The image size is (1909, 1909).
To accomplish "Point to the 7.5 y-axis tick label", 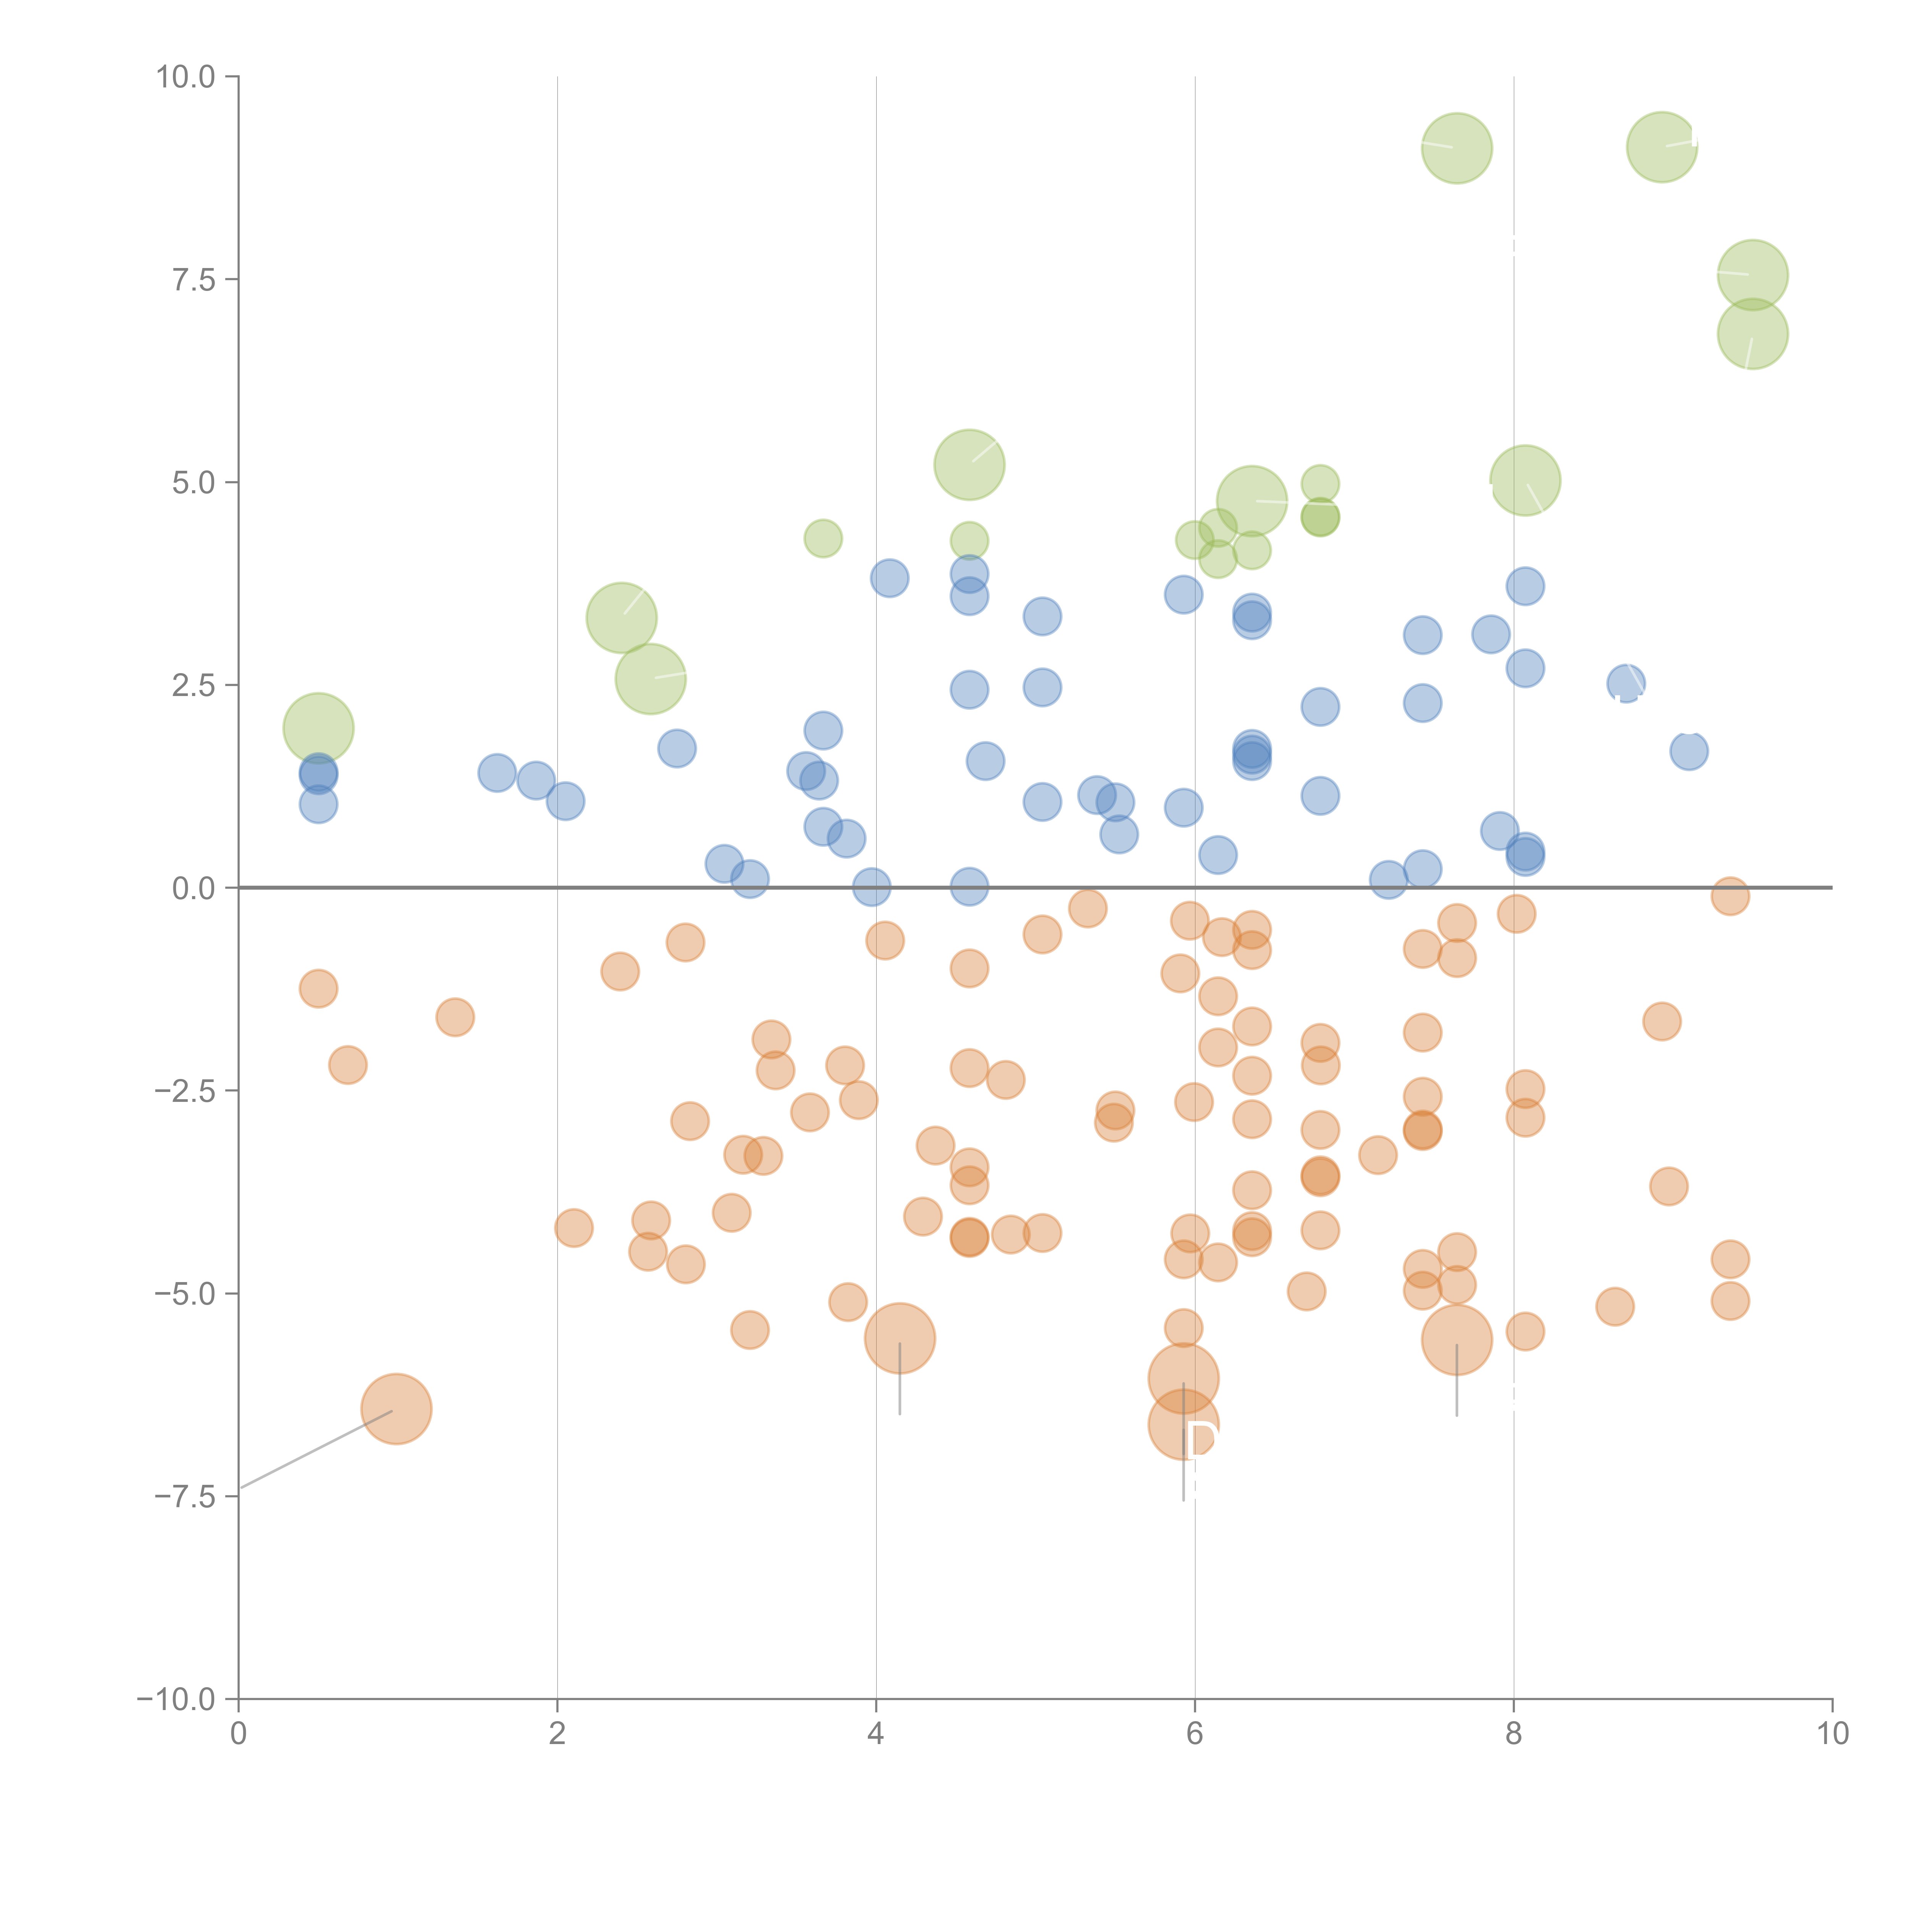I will (194, 279).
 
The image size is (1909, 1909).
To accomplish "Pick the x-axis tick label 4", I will (875, 1734).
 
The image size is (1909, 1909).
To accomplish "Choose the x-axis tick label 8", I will (1514, 1734).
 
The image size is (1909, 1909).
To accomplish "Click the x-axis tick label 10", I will (1832, 1734).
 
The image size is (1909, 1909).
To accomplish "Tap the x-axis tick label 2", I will (557, 1734).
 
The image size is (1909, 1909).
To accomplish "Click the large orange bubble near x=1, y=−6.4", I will (396, 1409).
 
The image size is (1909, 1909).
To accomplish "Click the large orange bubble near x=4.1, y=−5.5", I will (899, 1338).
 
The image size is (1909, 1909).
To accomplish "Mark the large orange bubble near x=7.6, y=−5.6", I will (1457, 1340).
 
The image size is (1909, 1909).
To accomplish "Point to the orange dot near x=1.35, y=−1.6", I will (454, 1017).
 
